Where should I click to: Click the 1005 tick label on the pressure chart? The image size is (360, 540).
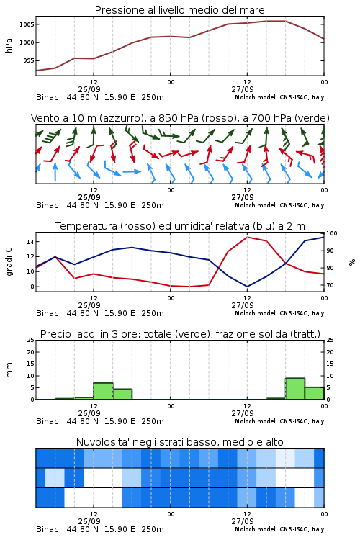coord(27,24)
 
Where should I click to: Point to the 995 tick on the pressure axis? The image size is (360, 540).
coord(28,60)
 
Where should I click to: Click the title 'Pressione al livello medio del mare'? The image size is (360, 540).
coord(179,10)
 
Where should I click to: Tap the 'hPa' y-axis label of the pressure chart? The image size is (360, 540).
coord(9,45)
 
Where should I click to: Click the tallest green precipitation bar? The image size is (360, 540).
coord(295,389)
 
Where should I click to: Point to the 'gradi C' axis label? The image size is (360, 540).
coord(9,262)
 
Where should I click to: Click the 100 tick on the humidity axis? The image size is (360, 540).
coord(332,233)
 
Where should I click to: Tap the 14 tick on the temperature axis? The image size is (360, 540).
coord(30,242)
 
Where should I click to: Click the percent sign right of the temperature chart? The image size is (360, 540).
coord(352,262)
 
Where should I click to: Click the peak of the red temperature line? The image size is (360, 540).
coord(248,238)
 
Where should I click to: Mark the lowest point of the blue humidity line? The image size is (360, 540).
coord(248,287)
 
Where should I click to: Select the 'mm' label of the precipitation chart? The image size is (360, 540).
coord(9,370)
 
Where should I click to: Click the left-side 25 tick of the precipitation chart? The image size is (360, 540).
coord(31,340)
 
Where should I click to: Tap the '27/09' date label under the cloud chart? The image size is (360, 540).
coord(243,521)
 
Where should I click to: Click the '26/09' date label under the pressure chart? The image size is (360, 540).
coord(89,89)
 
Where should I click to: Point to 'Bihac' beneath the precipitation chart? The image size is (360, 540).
coord(48,421)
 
